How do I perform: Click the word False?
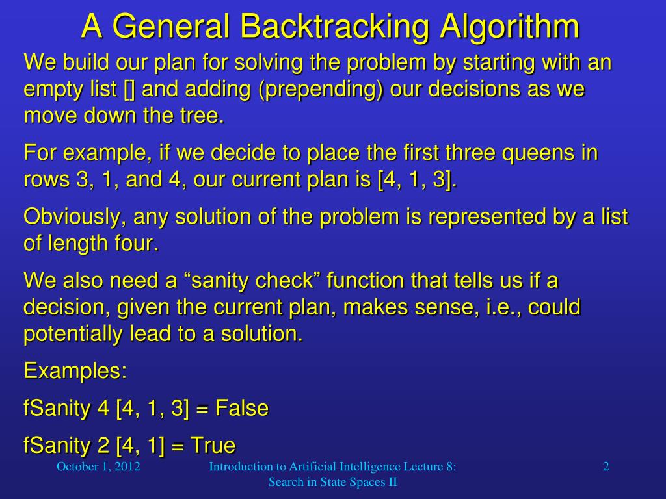click(x=241, y=408)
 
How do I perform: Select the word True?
click(x=213, y=445)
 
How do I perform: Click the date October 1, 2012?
click(x=98, y=467)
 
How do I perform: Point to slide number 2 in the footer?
click(x=606, y=467)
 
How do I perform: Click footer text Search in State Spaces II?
click(x=332, y=482)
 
